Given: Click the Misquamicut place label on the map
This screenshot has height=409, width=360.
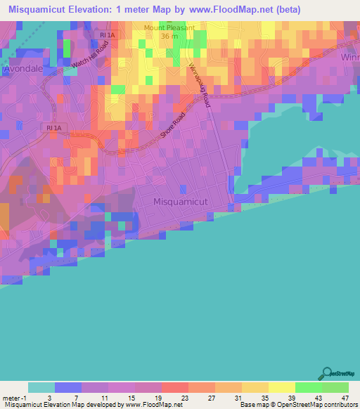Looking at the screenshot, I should pos(181,202).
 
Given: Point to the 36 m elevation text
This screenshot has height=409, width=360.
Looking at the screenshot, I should pos(167,37).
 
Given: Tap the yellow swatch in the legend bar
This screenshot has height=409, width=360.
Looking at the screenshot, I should pos(281,387).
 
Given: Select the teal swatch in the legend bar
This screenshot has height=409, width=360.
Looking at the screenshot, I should pos(41,387).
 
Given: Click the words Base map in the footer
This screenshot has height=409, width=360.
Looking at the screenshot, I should pos(252,405).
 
